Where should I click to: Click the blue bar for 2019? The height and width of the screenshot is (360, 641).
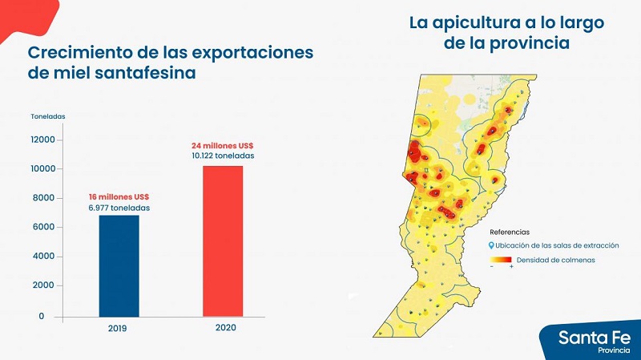pyautogui.click(x=119, y=265)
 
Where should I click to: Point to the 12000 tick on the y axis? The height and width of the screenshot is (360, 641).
pyautogui.click(x=42, y=140)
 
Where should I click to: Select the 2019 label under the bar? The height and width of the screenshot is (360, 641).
pyautogui.click(x=119, y=329)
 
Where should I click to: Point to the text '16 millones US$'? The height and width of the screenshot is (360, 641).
pyautogui.click(x=119, y=197)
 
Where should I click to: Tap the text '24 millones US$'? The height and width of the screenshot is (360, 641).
pyautogui.click(x=222, y=145)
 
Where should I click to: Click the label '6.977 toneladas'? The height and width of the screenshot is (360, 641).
pyautogui.click(x=119, y=208)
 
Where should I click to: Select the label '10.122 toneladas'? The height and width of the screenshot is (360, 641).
pyautogui.click(x=222, y=156)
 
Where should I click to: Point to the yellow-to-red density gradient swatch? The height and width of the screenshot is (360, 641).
pyautogui.click(x=501, y=261)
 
